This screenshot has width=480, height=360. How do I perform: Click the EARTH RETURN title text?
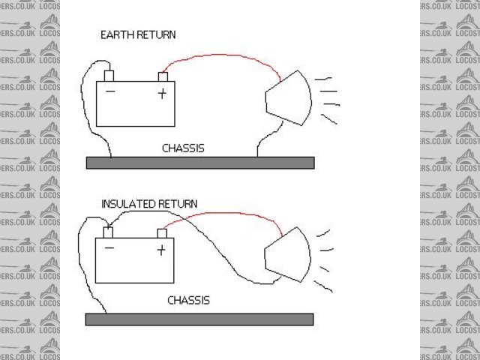click(139, 34)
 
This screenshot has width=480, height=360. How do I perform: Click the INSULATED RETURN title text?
click(149, 203)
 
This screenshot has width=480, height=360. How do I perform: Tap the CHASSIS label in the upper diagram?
click(183, 148)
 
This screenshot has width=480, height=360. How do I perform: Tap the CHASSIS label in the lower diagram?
click(188, 301)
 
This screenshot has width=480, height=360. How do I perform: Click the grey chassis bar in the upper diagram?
click(199, 163)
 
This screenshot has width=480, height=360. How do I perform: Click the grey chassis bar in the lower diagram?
click(199, 319)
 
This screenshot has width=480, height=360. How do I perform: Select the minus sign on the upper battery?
click(110, 93)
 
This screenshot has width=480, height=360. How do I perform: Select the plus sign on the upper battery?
click(161, 93)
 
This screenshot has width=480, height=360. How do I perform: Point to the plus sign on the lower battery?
click(160, 250)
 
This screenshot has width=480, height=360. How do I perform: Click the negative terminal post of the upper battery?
click(109, 76)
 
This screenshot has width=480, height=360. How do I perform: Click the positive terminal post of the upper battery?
click(162, 76)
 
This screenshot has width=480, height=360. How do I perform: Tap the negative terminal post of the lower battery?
click(109, 232)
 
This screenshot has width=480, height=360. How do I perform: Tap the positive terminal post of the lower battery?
click(161, 232)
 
